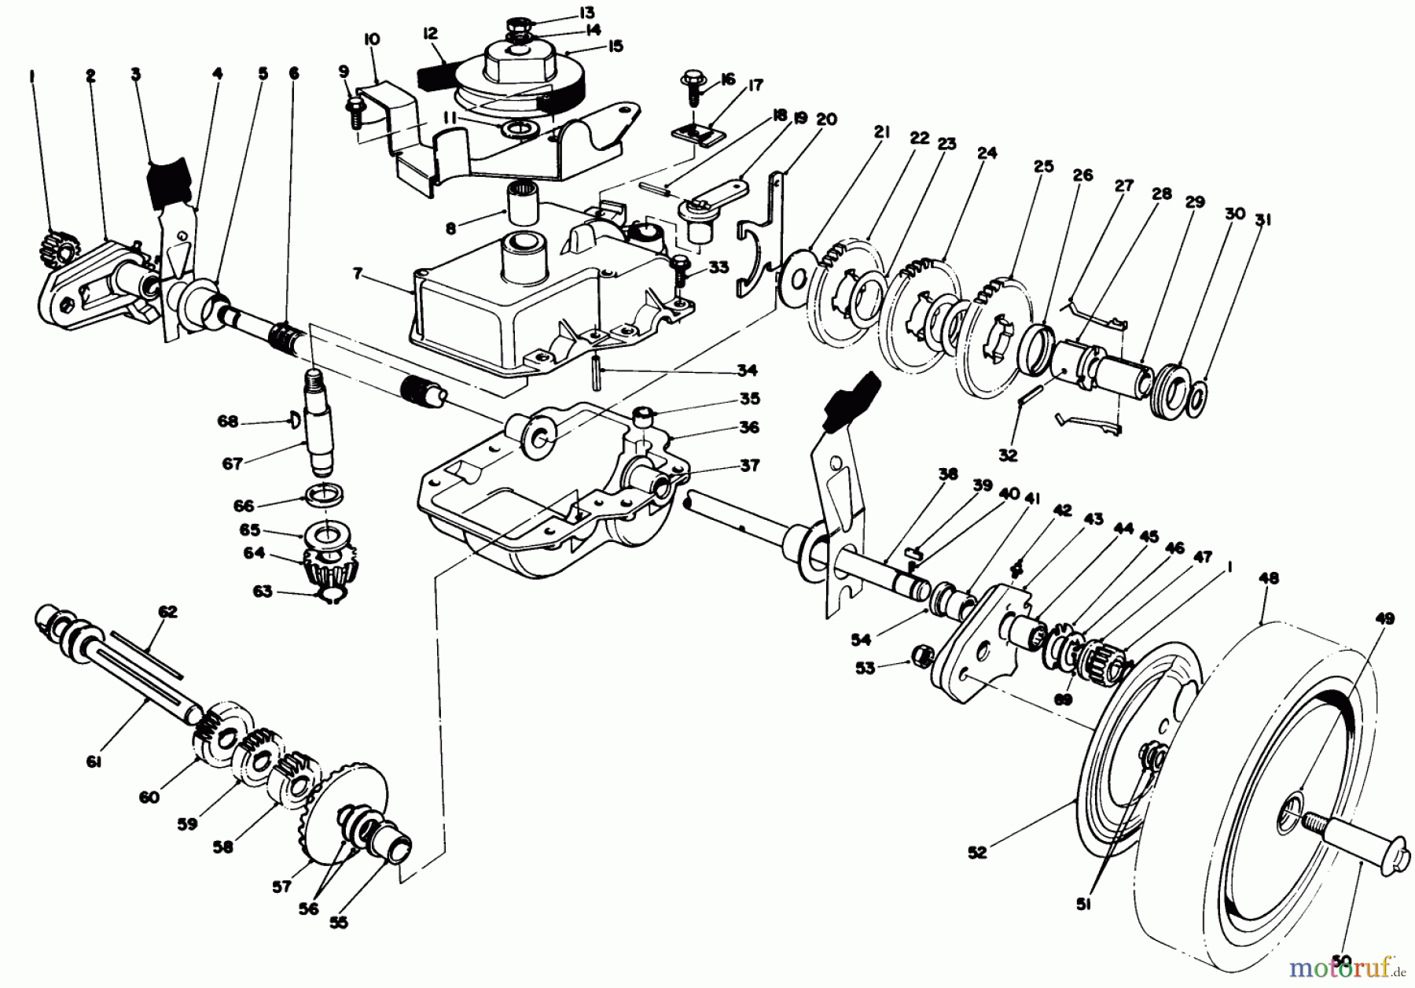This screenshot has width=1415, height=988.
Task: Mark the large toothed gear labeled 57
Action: pyautogui.click(x=346, y=798)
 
